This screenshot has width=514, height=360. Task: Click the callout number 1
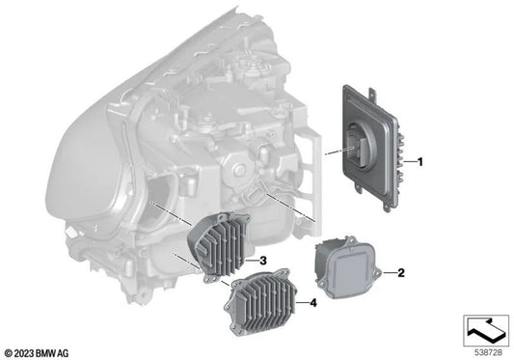(419, 162)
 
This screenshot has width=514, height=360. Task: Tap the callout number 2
(401, 273)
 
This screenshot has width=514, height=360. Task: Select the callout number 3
(262, 261)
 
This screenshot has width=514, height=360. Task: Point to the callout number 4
(313, 303)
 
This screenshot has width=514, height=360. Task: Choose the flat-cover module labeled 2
(347, 266)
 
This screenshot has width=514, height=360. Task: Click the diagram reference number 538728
(488, 353)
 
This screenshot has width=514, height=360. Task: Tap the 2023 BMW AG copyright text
(37, 353)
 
